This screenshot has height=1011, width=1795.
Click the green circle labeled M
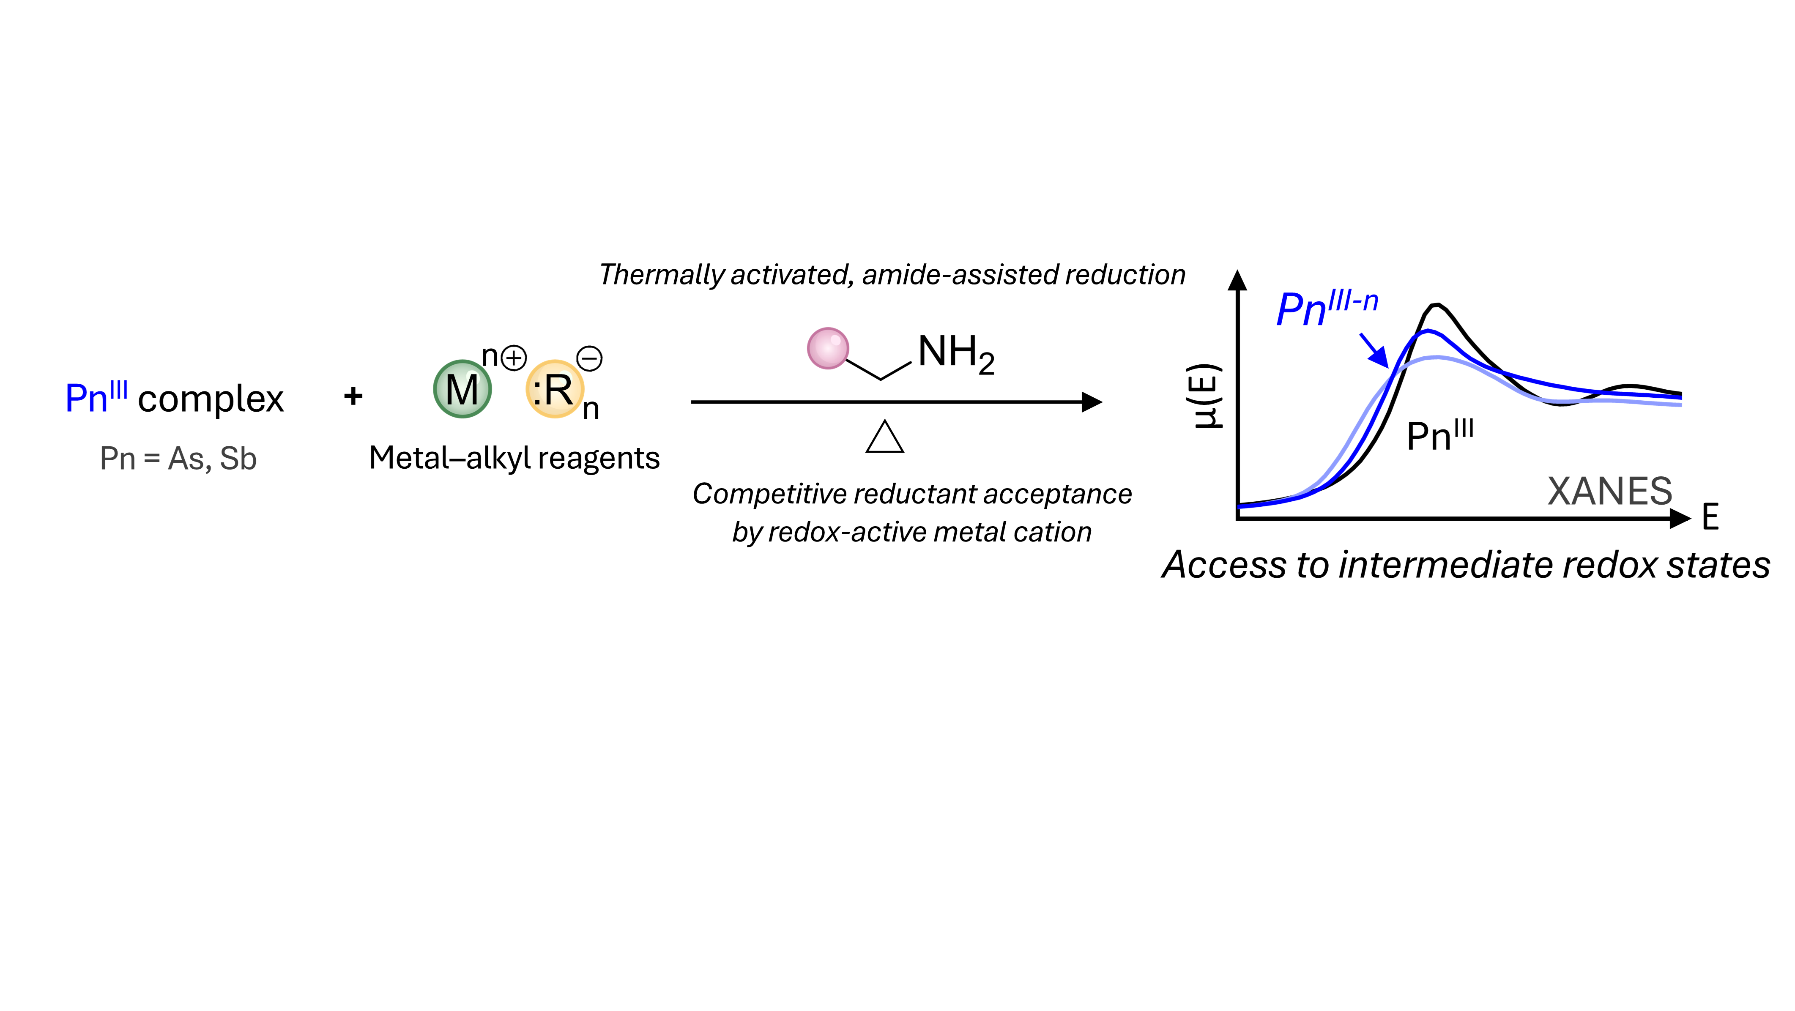coord(462,389)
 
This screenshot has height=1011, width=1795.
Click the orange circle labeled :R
coord(555,389)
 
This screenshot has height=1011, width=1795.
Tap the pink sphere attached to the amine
coord(828,348)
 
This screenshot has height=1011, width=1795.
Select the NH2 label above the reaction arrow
coord(956,354)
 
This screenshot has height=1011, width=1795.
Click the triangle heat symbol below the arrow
coord(885,437)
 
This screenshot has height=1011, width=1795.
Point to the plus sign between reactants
coord(353,396)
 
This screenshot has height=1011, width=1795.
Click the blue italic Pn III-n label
coord(1327,308)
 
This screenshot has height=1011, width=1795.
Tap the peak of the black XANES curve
coord(1435,304)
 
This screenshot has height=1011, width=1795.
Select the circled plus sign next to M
coord(514,358)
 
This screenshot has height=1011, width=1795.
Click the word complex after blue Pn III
coord(211,400)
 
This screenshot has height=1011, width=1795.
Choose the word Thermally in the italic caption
coord(662,275)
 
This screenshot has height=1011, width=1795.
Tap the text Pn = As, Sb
coord(178,459)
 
